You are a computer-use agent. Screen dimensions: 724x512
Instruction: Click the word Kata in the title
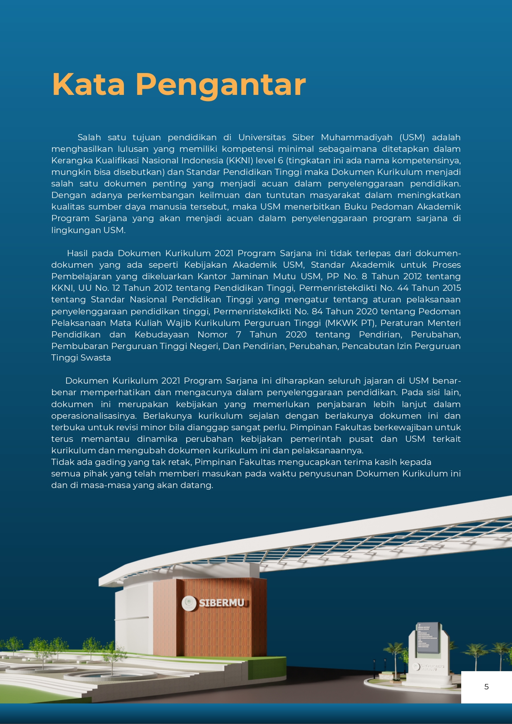[x=88, y=85]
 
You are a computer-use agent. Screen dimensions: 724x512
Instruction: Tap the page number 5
[x=486, y=686]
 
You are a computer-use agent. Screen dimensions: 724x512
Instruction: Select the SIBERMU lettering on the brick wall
[x=222, y=603]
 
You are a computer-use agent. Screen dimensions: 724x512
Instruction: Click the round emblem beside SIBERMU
[x=190, y=603]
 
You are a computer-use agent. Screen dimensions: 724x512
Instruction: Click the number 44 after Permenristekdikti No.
[x=403, y=288]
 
